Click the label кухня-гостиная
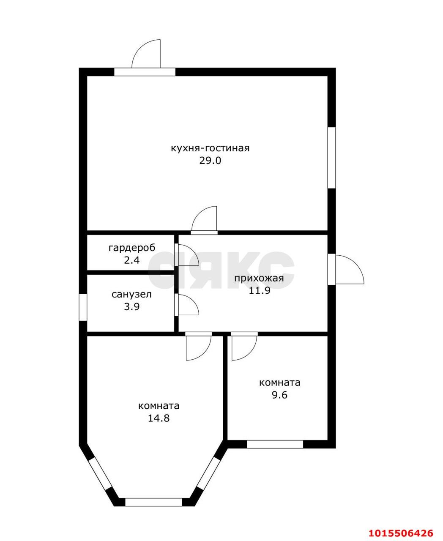[210, 148]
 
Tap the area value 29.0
[210, 161]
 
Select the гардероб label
[132, 248]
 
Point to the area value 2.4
[132, 260]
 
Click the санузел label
[131, 295]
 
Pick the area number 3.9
[131, 307]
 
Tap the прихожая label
[259, 278]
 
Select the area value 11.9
[259, 291]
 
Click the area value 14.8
[159, 418]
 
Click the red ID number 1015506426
[401, 533]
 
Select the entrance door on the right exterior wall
[347, 270]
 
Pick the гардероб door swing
[186, 255]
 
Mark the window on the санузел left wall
[83, 307]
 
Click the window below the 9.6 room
[275, 444]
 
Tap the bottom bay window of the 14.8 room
[154, 502]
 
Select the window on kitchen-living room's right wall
[332, 158]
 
